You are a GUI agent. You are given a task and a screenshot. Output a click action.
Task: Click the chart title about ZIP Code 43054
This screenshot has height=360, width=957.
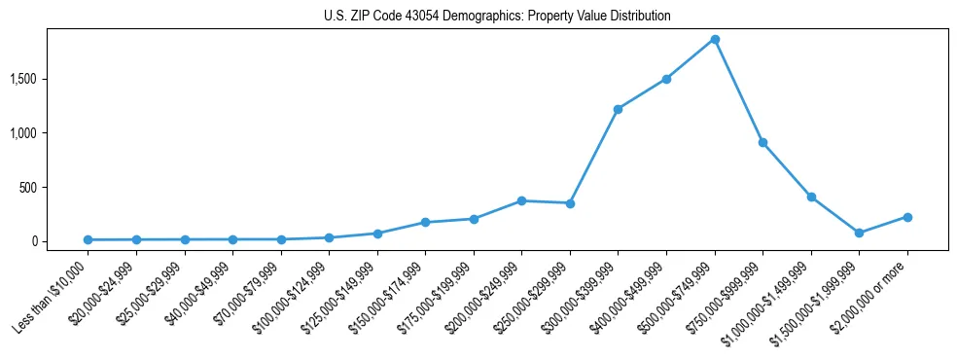(497, 16)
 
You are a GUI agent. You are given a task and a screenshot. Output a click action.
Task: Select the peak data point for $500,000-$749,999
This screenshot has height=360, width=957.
(715, 40)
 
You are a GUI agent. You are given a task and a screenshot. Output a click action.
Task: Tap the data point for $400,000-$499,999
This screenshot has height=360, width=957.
(666, 79)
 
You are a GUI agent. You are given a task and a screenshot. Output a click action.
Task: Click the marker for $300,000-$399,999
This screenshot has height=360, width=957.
(619, 109)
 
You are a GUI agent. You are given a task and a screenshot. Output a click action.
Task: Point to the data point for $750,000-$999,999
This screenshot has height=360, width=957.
(763, 142)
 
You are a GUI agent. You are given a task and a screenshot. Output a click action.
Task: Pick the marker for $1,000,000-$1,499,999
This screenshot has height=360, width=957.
(811, 197)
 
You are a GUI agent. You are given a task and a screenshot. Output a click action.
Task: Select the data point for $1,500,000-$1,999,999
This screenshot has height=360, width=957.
(860, 233)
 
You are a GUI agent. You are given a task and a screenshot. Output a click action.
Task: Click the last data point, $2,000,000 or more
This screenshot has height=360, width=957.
(907, 217)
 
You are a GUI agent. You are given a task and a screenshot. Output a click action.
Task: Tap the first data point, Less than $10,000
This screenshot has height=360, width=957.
(89, 239)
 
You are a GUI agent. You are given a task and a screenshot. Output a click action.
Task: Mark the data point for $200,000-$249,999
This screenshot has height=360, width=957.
(522, 200)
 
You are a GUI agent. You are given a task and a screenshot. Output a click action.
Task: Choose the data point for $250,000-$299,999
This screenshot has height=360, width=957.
(570, 203)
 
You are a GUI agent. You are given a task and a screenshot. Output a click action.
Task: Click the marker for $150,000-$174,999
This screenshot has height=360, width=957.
(426, 222)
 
